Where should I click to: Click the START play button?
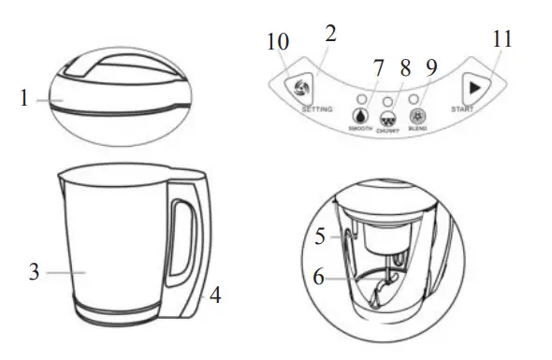pyautogui.click(x=475, y=87)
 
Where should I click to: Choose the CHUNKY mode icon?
pyautogui.click(x=388, y=120)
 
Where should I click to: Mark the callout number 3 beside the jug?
pyautogui.click(x=35, y=273)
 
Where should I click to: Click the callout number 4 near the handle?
pyautogui.click(x=215, y=295)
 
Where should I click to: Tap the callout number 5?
pyautogui.click(x=319, y=238)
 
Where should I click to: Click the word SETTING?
pyautogui.click(x=317, y=109)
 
